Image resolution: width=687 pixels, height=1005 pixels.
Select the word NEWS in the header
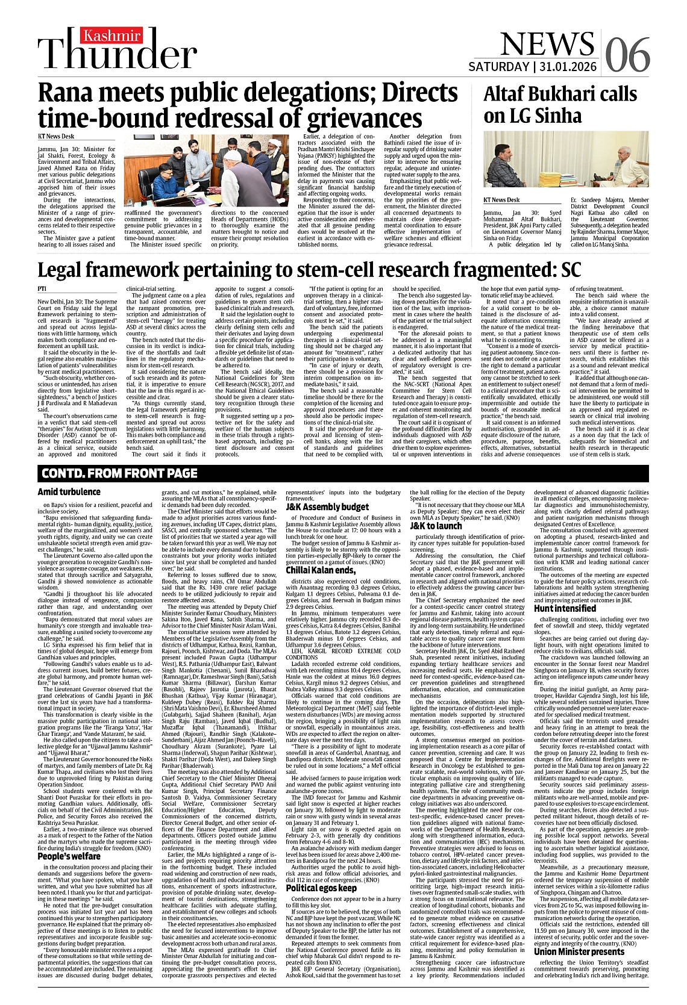[x=546, y=44]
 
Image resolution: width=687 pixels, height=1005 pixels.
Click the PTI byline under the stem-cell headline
[x=42, y=289]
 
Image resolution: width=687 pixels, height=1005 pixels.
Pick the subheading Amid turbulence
[x=69, y=492]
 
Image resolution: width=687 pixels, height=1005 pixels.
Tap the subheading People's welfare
[x=69, y=856]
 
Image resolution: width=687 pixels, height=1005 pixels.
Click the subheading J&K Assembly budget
[x=327, y=507]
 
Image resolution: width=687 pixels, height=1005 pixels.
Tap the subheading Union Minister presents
[x=579, y=952]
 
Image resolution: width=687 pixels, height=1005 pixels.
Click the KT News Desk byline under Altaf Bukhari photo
[x=501, y=200]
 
